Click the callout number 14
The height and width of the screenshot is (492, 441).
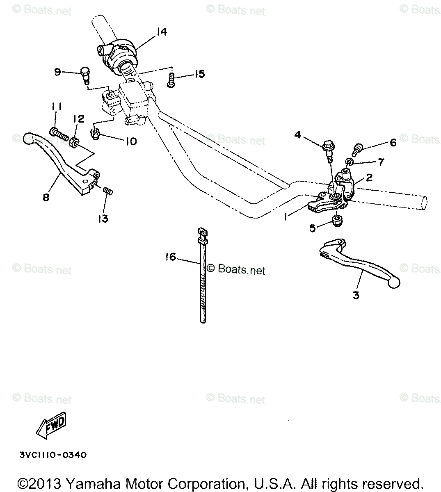(162, 32)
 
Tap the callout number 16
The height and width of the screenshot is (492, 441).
(170, 257)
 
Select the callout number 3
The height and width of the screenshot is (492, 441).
(356, 294)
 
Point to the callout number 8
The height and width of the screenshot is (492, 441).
(46, 197)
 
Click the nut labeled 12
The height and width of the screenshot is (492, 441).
(75, 142)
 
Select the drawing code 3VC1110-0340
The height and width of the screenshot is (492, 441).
(53, 455)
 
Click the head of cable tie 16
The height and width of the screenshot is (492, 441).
(201, 233)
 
